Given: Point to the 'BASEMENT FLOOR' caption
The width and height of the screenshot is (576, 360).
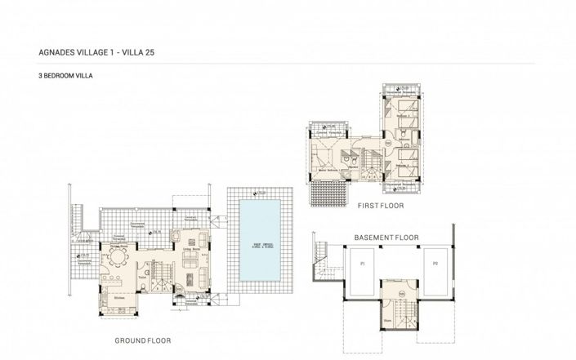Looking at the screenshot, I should coord(386,238).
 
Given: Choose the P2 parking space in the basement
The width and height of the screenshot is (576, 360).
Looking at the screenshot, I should coord(435,264).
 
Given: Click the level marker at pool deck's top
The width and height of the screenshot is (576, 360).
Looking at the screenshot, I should coord(257,193).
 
